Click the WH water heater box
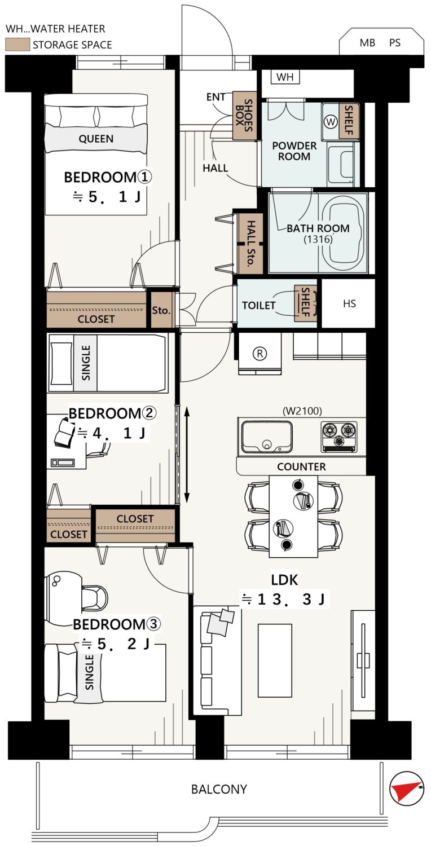tap(285, 77)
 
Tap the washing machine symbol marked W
tap(331, 122)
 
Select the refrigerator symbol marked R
tap(260, 354)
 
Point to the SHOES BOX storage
tap(244, 116)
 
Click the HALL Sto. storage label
tap(250, 244)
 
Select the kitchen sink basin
tap(267, 436)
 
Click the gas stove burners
tap(339, 436)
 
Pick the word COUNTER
tap(301, 467)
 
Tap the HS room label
tap(349, 303)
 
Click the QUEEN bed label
tap(96, 139)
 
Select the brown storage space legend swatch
tap(17, 45)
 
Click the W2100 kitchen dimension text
tap(302, 411)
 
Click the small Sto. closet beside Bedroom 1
tap(161, 310)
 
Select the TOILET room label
tap(259, 305)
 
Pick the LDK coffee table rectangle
tap(275, 660)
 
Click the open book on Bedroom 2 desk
tap(65, 431)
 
